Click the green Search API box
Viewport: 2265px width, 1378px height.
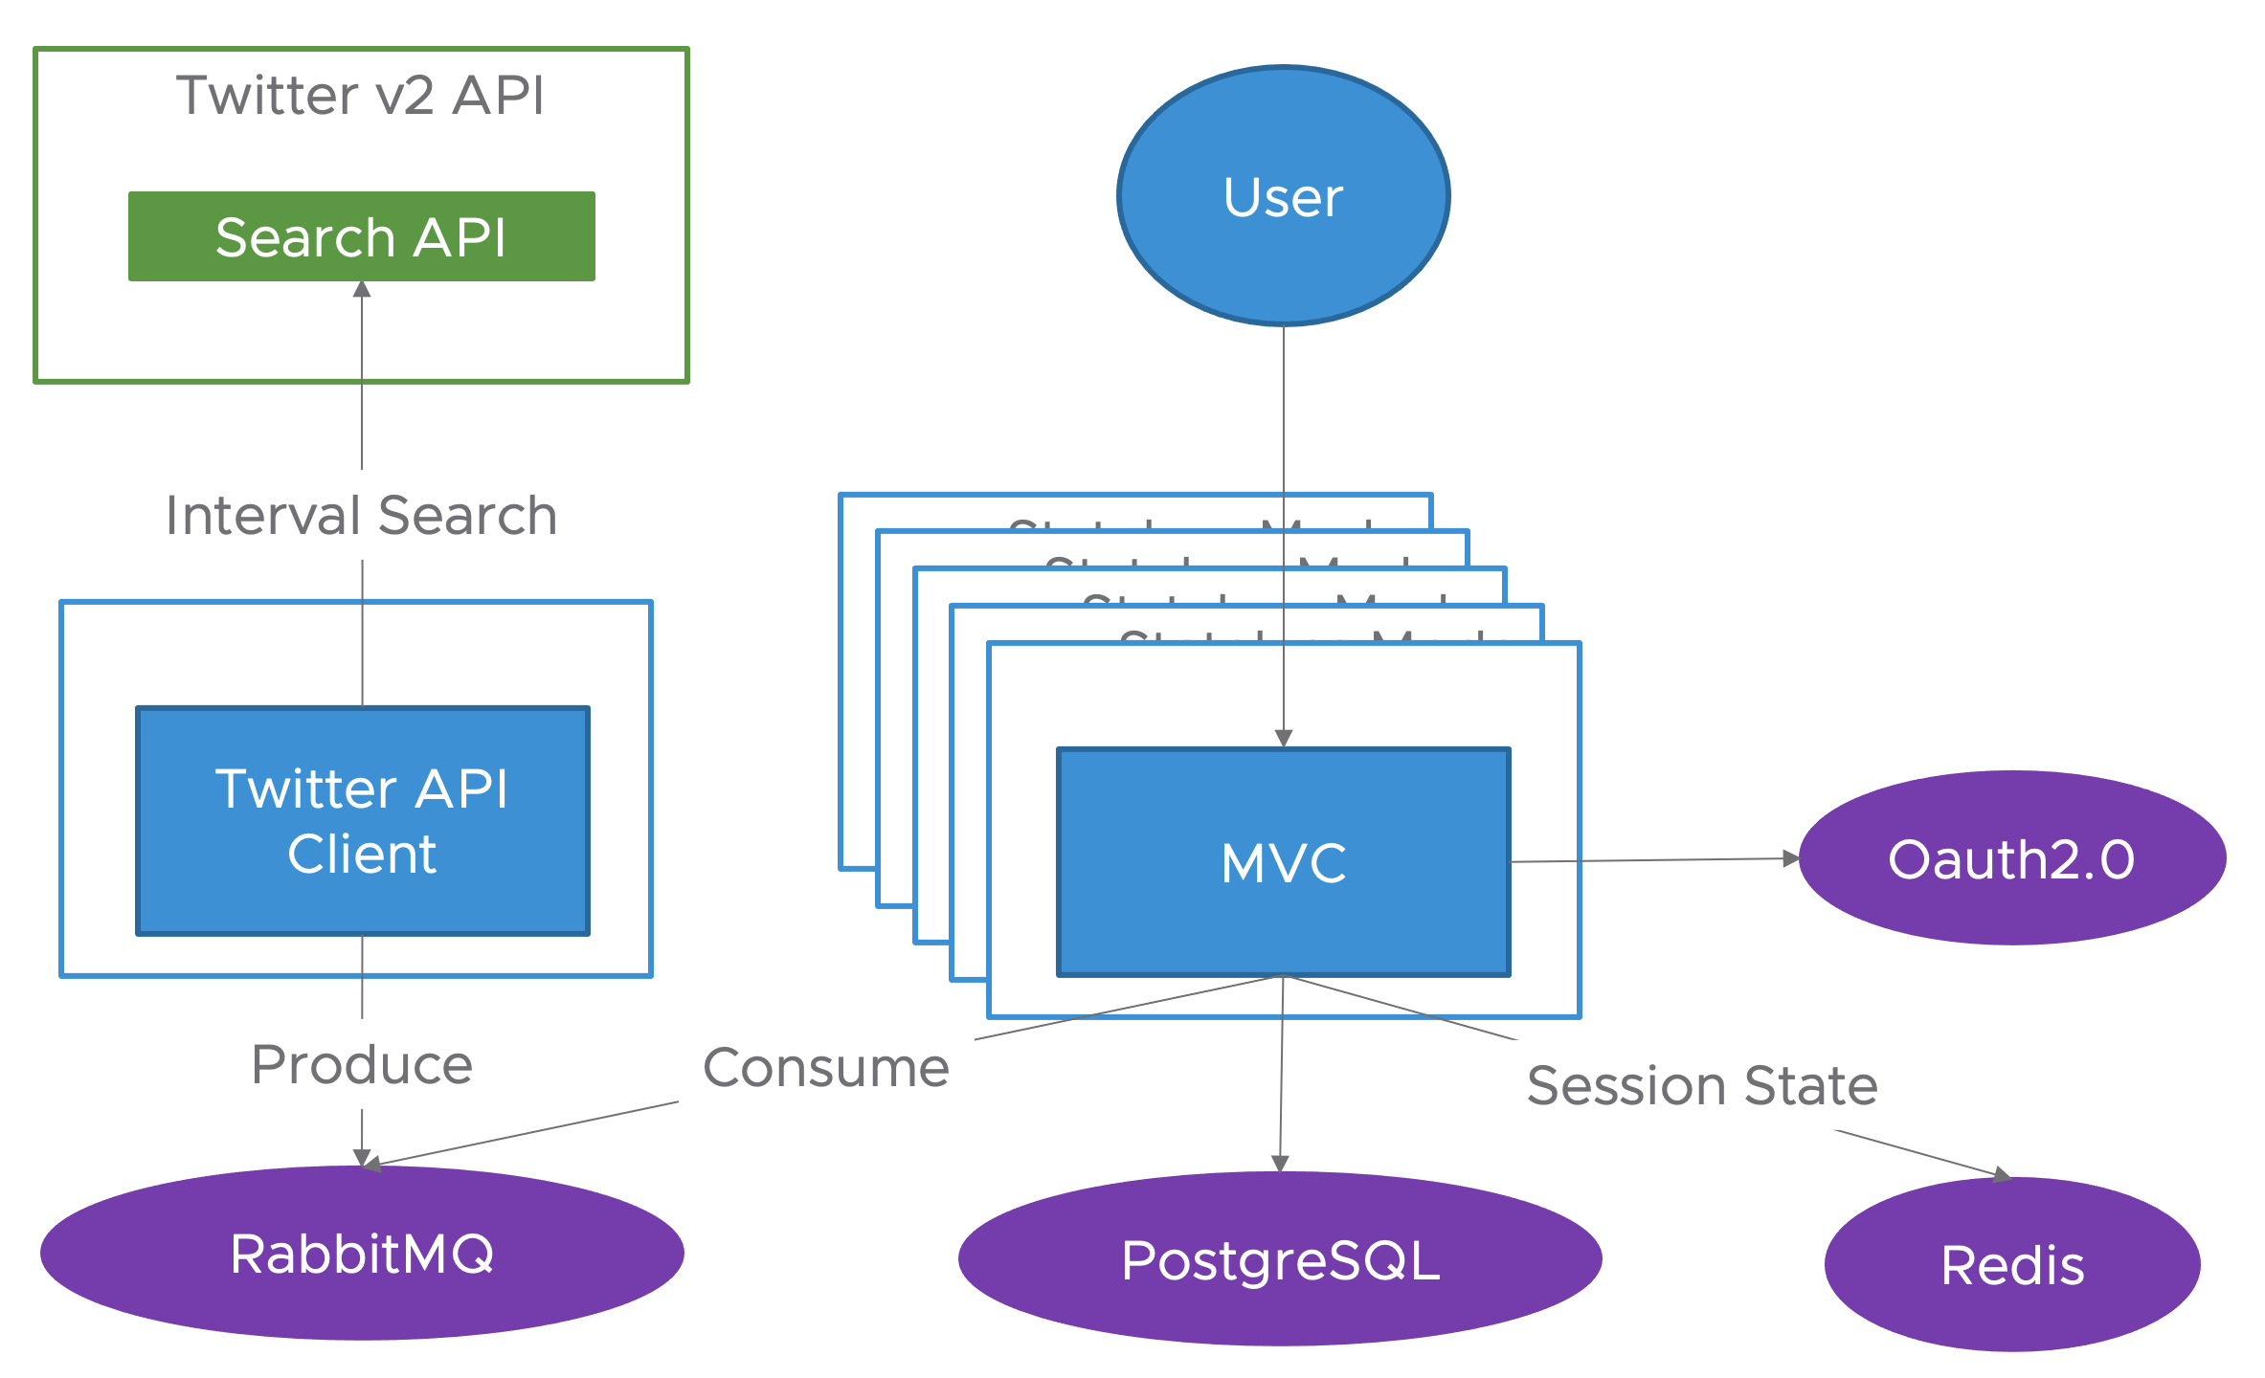click(x=361, y=236)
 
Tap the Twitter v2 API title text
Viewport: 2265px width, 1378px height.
click(x=361, y=96)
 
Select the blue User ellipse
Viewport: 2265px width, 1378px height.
click(x=1283, y=196)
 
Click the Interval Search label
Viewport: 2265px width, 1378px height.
click(x=361, y=516)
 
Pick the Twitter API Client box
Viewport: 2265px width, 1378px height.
click(x=362, y=820)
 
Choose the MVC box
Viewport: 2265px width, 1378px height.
click(x=1283, y=862)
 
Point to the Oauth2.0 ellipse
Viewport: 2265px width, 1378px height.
click(x=2011, y=858)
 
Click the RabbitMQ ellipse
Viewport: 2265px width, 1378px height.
click(x=362, y=1254)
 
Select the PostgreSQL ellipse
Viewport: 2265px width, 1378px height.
click(x=1280, y=1259)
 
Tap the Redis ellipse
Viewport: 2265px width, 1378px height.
click(x=2012, y=1265)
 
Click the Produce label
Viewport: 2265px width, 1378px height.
click(x=362, y=1065)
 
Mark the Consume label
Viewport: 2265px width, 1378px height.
click(x=826, y=1068)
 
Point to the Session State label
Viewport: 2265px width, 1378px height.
click(x=1702, y=1085)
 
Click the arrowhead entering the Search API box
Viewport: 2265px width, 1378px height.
click(x=362, y=289)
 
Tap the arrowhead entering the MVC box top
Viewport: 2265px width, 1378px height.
click(x=1284, y=738)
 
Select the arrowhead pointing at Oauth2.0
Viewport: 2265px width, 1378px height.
click(x=1790, y=858)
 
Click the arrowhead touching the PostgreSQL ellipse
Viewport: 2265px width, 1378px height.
click(x=1280, y=1164)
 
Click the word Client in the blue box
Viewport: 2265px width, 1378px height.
click(x=362, y=854)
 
